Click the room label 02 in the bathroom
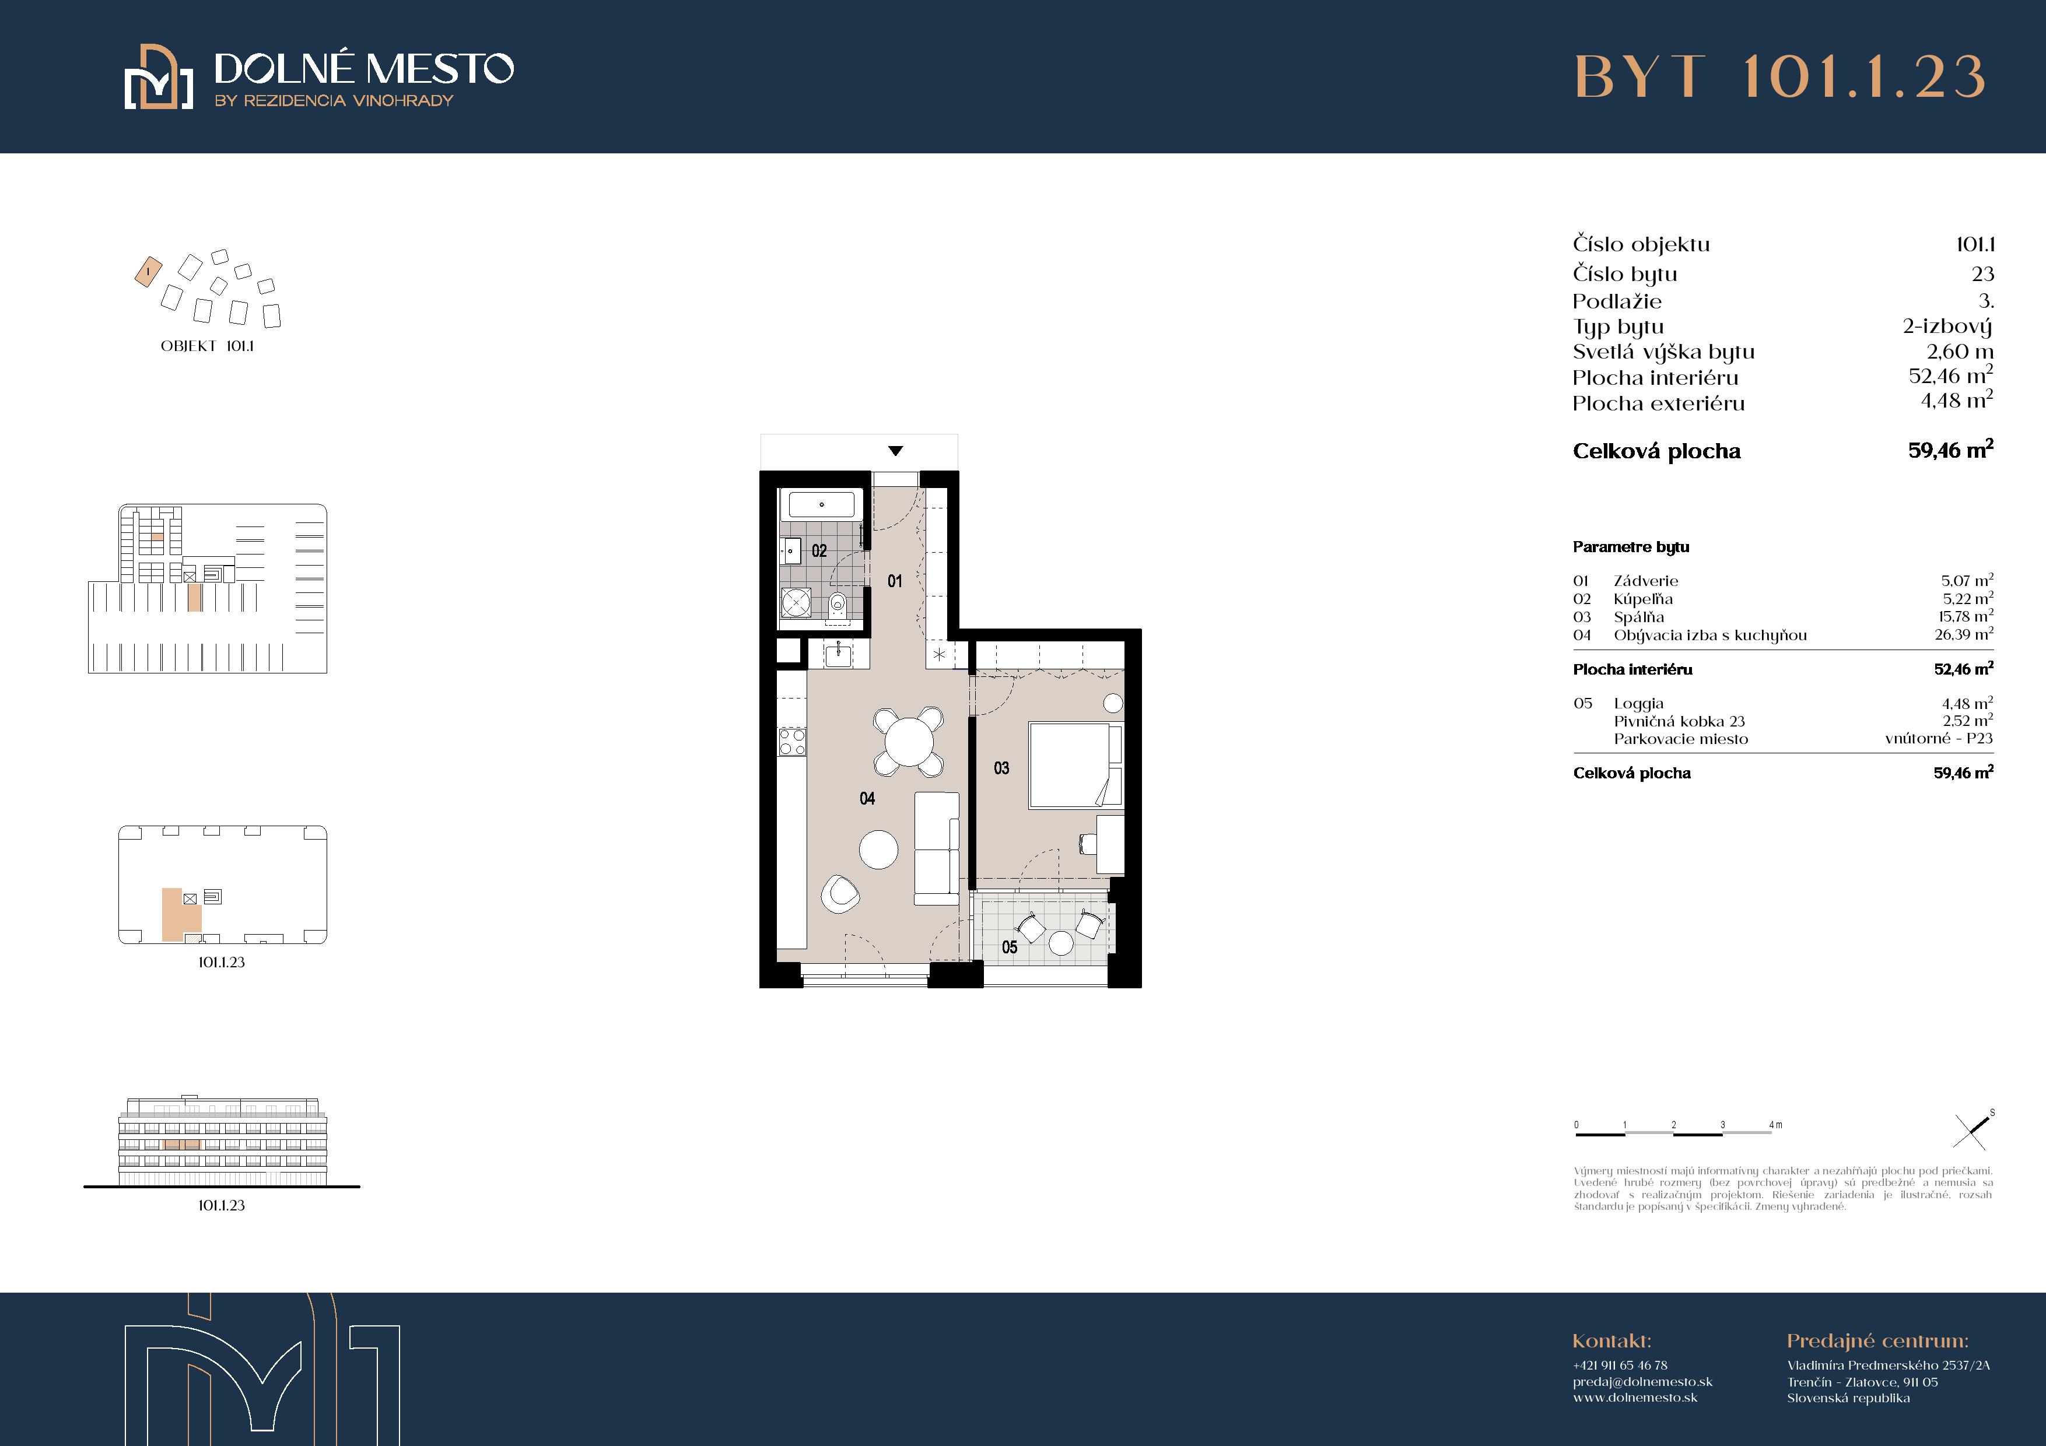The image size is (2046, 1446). click(819, 550)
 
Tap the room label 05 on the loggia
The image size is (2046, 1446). click(1009, 947)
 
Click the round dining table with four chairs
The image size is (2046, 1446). click(908, 741)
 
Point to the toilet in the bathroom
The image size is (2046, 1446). click(837, 606)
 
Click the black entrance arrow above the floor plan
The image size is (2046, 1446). click(896, 451)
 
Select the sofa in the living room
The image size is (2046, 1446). click(937, 848)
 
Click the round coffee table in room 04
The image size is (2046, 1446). click(878, 849)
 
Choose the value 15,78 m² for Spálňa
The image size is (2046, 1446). click(1966, 616)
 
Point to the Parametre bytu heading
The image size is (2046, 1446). click(1631, 547)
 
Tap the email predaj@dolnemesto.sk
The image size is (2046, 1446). click(1642, 1382)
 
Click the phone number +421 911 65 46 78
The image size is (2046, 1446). click(1620, 1365)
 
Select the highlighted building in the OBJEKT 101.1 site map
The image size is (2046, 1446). click(148, 272)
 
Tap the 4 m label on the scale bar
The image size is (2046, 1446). click(1776, 1124)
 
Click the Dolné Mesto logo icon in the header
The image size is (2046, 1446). click(159, 76)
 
